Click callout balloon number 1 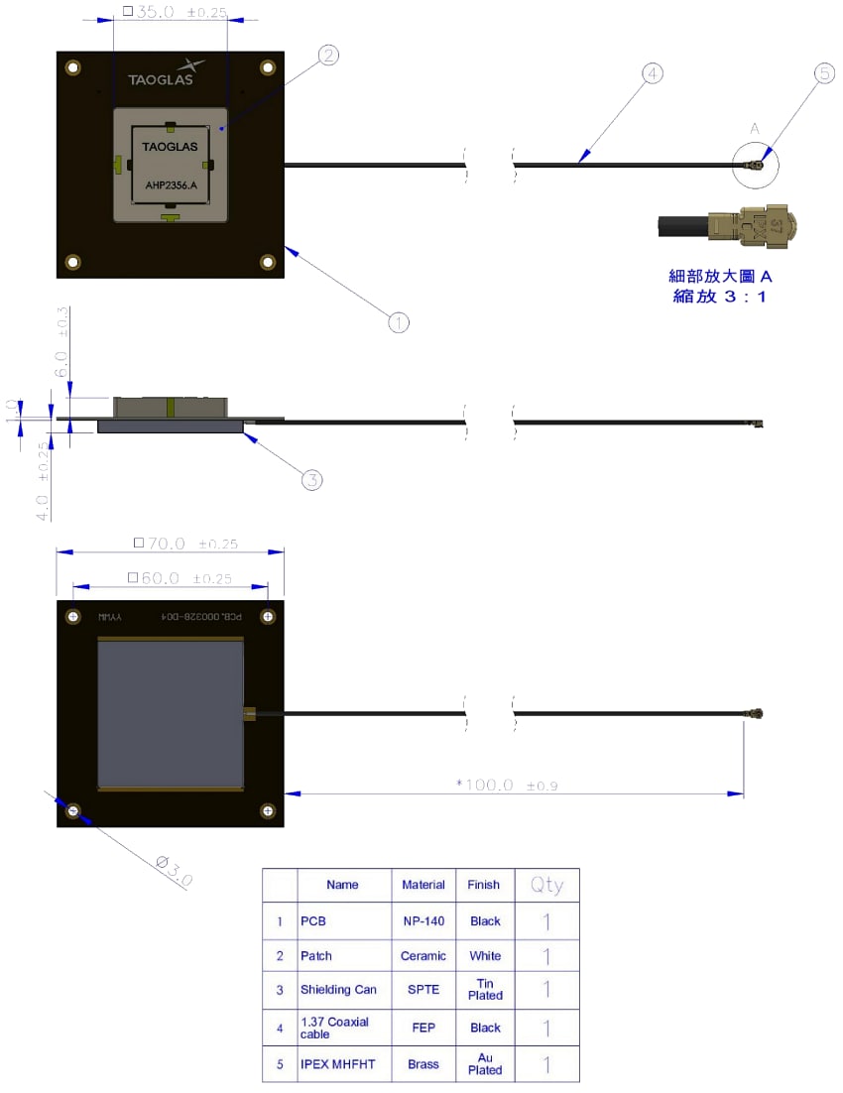pyautogui.click(x=398, y=322)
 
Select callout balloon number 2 pyautogui.click(x=328, y=56)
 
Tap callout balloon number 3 pyautogui.click(x=311, y=480)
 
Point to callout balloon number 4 pyautogui.click(x=651, y=73)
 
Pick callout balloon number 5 pyautogui.click(x=825, y=73)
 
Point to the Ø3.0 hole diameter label pyautogui.click(x=175, y=871)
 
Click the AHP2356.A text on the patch pyautogui.click(x=171, y=184)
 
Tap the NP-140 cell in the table pyautogui.click(x=423, y=921)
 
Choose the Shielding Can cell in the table pyautogui.click(x=338, y=990)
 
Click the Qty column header pyautogui.click(x=546, y=885)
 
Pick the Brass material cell pyautogui.click(x=423, y=1064)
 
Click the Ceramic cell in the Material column pyautogui.click(x=423, y=956)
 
